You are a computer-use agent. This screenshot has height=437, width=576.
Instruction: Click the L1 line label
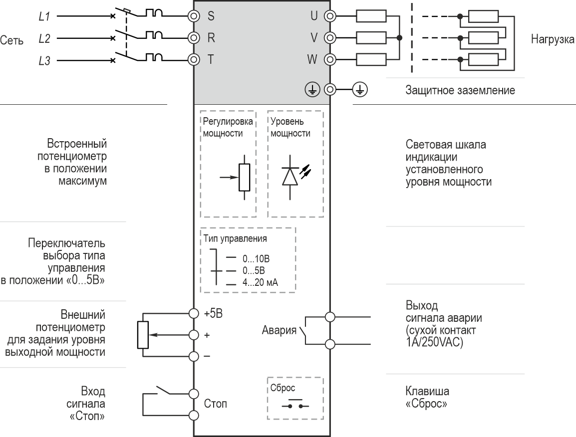[44, 16]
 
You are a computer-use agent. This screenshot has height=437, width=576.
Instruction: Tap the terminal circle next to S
[194, 15]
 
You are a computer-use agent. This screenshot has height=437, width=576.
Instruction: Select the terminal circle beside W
[329, 59]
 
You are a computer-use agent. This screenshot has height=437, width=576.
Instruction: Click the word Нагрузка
[553, 39]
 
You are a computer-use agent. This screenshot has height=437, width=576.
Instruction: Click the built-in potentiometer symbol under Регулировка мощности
[244, 177]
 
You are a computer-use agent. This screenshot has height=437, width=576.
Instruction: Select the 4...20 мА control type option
[260, 283]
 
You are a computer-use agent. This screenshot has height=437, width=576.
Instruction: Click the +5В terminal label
[213, 314]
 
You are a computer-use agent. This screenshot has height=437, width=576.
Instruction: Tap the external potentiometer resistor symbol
[143, 334]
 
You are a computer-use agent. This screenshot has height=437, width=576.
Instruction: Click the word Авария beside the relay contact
[279, 330]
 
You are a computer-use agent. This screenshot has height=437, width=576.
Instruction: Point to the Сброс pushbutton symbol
[295, 404]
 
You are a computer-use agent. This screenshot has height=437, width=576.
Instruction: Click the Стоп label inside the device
[215, 404]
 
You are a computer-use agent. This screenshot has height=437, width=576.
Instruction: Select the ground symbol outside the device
[360, 89]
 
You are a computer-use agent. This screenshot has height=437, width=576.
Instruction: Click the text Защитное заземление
[460, 91]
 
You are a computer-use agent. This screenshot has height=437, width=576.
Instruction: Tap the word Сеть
[11, 40]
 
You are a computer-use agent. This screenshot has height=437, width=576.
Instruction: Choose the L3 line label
[44, 61]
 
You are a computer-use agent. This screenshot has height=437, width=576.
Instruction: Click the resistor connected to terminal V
[371, 38]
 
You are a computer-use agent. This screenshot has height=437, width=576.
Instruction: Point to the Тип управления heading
[235, 238]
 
